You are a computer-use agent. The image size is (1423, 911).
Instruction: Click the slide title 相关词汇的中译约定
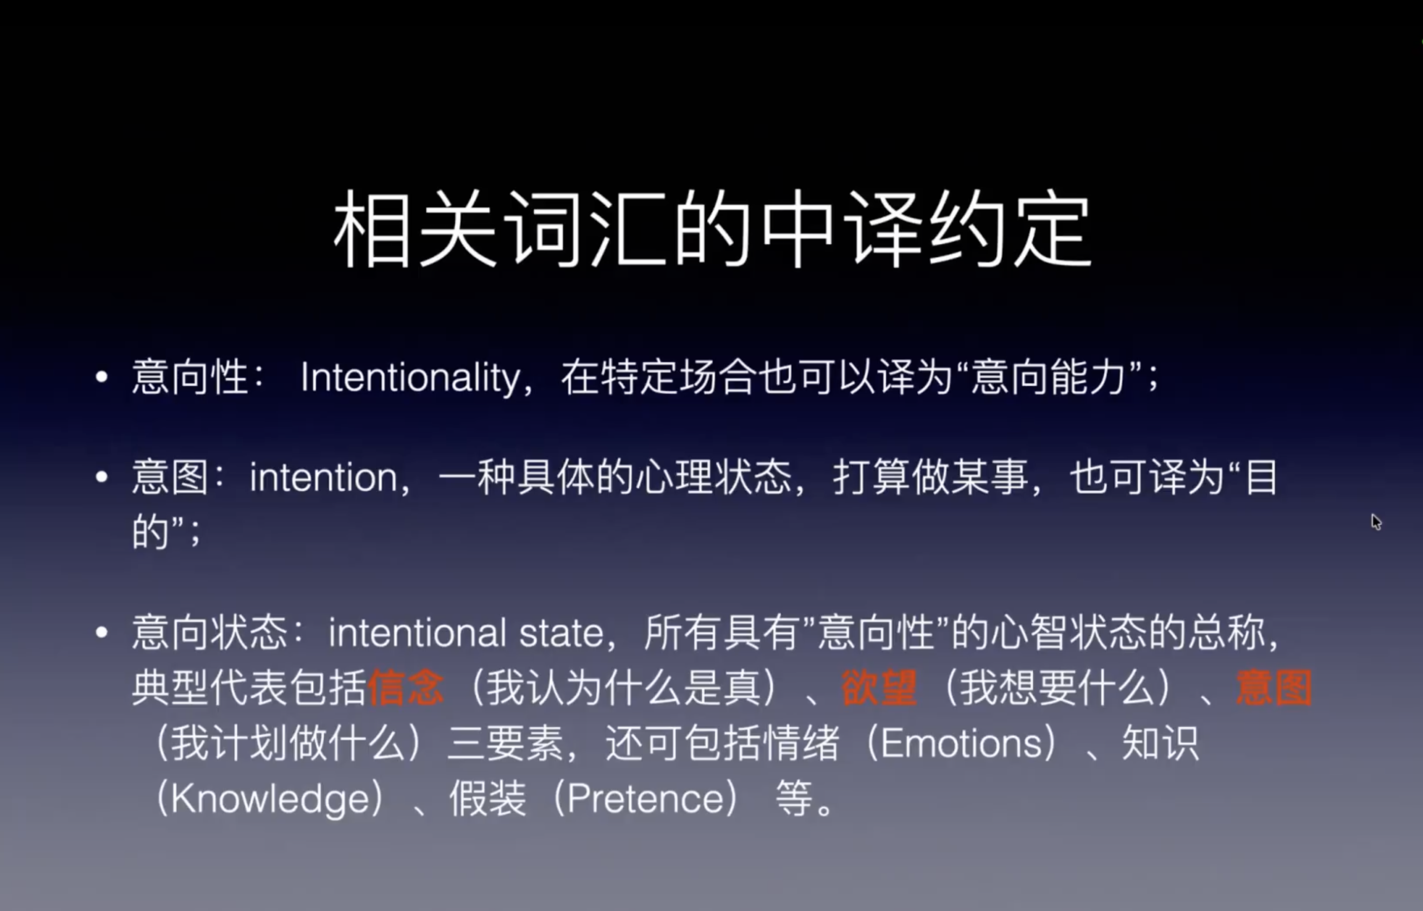(712, 229)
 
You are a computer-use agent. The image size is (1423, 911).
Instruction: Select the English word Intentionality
(410, 377)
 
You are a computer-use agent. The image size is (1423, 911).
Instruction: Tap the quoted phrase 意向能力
(1048, 377)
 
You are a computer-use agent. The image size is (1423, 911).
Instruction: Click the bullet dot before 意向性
(102, 377)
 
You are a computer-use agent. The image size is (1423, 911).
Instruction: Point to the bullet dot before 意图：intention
(102, 477)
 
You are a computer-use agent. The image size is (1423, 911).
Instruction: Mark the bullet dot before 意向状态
(102, 632)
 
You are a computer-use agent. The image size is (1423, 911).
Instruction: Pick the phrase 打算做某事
(931, 477)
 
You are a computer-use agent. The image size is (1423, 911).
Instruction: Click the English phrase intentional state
(466, 633)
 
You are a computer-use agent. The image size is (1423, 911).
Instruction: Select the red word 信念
(406, 688)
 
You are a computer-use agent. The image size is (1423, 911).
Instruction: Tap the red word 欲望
(879, 688)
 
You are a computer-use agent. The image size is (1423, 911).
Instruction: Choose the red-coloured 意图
(1274, 688)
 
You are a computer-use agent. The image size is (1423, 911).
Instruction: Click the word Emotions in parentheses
(961, 743)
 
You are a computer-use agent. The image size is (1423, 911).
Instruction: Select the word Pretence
(645, 799)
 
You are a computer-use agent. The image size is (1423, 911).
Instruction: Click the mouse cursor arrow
(1376, 521)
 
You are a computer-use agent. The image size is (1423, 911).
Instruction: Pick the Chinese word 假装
(487, 799)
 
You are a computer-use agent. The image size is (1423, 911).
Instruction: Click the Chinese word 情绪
(802, 743)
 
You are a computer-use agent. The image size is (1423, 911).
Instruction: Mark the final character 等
(794, 799)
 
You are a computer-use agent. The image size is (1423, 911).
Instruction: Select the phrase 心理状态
(713, 477)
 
